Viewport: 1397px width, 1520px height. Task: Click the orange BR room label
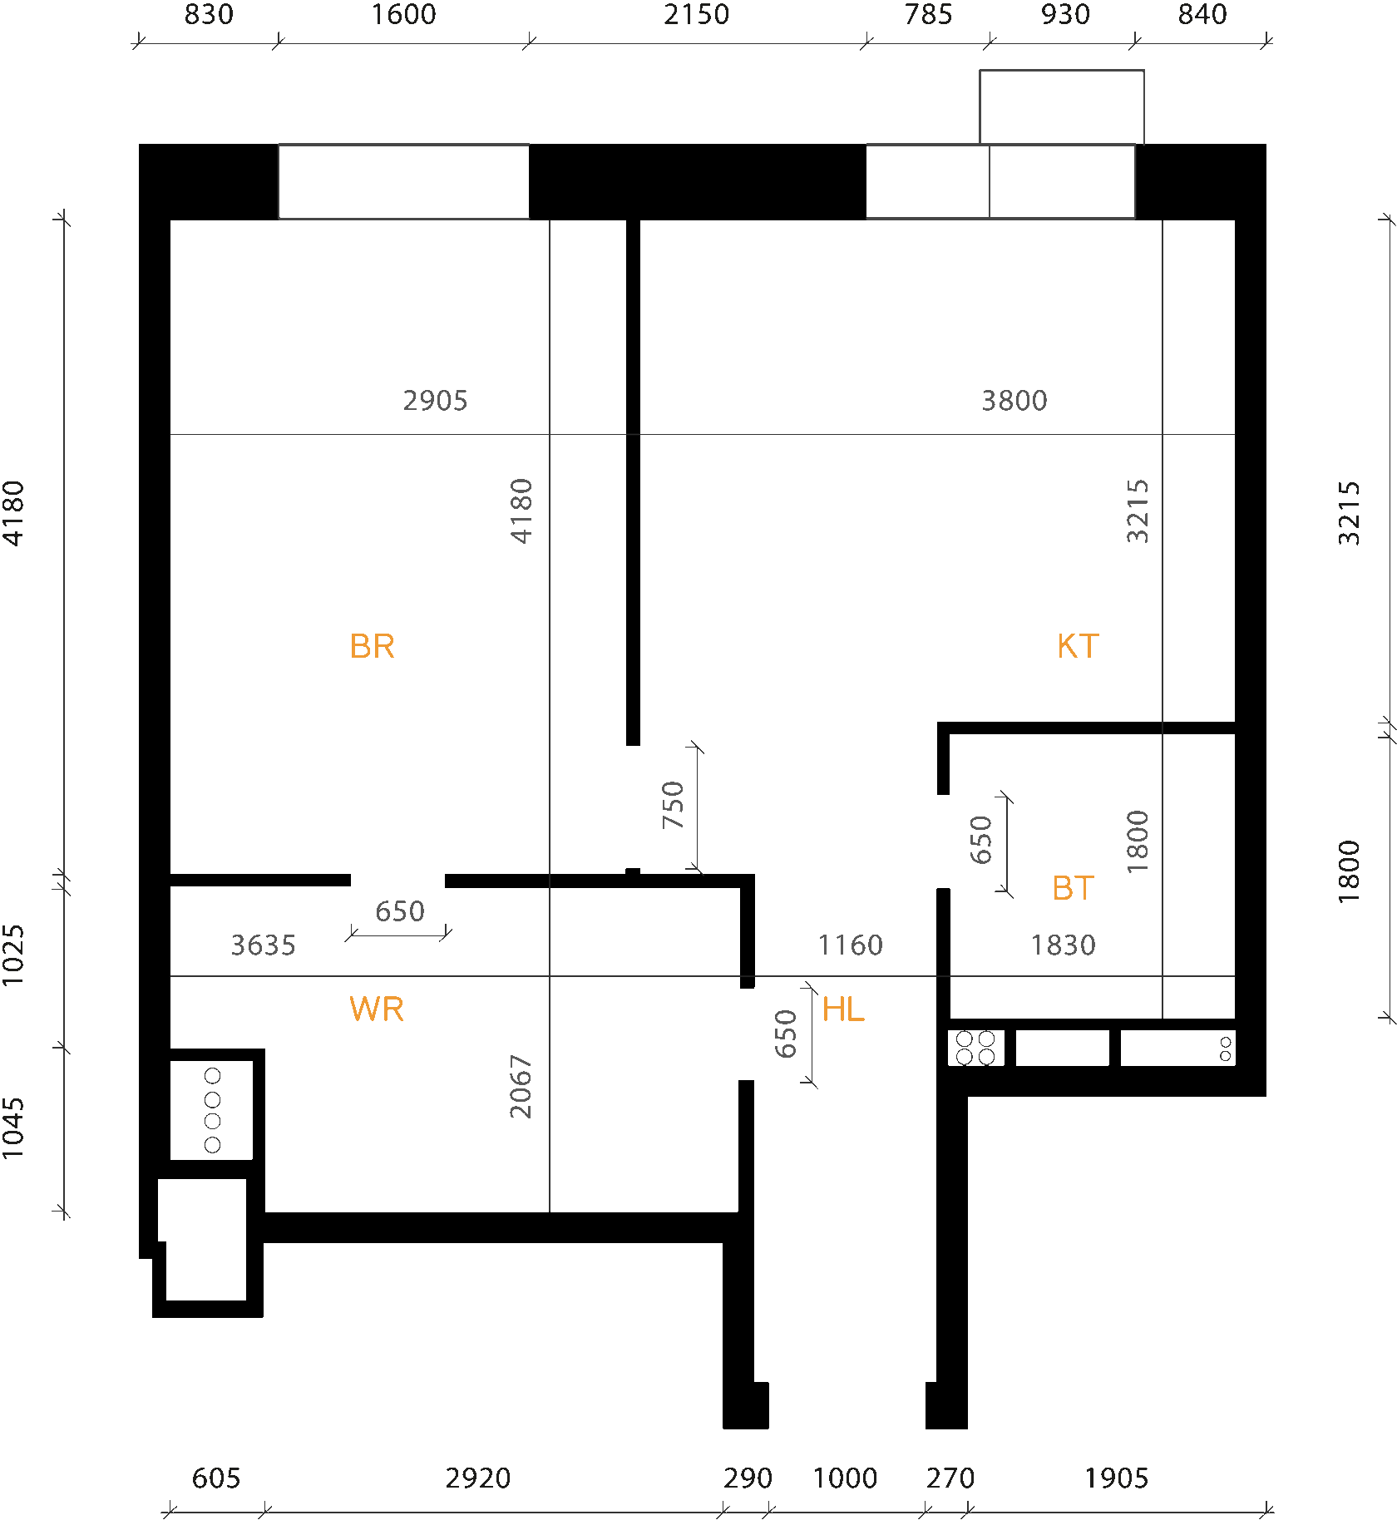tap(372, 646)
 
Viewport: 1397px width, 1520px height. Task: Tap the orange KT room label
tap(1078, 646)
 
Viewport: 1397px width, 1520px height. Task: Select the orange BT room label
tap(1073, 888)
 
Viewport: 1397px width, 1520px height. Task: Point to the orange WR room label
tap(376, 1009)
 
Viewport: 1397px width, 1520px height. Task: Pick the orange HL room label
tap(843, 1009)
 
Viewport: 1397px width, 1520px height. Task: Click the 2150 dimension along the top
tap(696, 15)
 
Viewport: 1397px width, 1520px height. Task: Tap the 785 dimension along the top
tap(928, 15)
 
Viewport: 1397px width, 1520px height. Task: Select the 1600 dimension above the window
tap(403, 15)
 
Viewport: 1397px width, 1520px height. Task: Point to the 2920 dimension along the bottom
tap(478, 1478)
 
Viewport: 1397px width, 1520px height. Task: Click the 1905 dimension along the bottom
tap(1117, 1478)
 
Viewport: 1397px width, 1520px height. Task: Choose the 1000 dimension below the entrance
tap(845, 1478)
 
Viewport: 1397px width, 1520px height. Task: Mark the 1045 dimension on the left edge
tap(14, 1128)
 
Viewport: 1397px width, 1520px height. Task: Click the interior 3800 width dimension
tap(1014, 401)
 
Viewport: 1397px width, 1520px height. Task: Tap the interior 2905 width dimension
tap(435, 401)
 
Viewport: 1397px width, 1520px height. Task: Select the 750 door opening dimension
tap(673, 805)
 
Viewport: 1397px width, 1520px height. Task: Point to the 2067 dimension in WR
tap(521, 1086)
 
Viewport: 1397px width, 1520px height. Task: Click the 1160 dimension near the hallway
tap(850, 945)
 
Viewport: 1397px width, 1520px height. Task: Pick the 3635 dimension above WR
tap(263, 945)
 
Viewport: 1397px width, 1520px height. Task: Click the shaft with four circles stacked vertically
tap(212, 1110)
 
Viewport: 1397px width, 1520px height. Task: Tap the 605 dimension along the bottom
tap(216, 1478)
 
